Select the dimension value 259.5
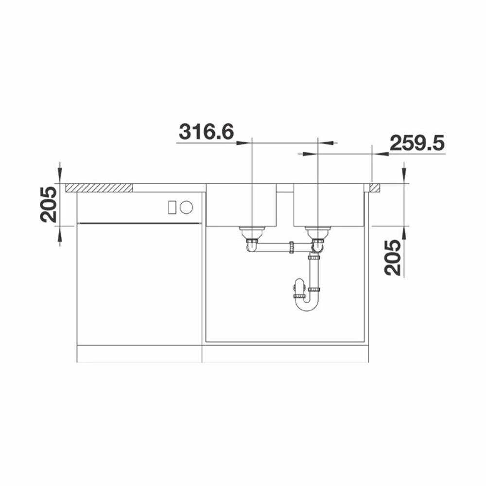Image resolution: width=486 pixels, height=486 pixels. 417,142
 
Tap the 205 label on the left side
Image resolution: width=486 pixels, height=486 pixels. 49,205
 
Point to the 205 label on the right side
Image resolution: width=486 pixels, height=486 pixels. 393,258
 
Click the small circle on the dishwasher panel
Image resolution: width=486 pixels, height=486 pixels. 186,207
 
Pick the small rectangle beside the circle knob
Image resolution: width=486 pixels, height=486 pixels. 173,207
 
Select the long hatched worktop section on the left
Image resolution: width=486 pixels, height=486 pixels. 99,188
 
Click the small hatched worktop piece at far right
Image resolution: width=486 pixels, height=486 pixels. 374,188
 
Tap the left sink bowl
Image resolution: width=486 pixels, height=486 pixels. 241,205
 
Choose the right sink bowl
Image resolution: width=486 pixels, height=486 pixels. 329,205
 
